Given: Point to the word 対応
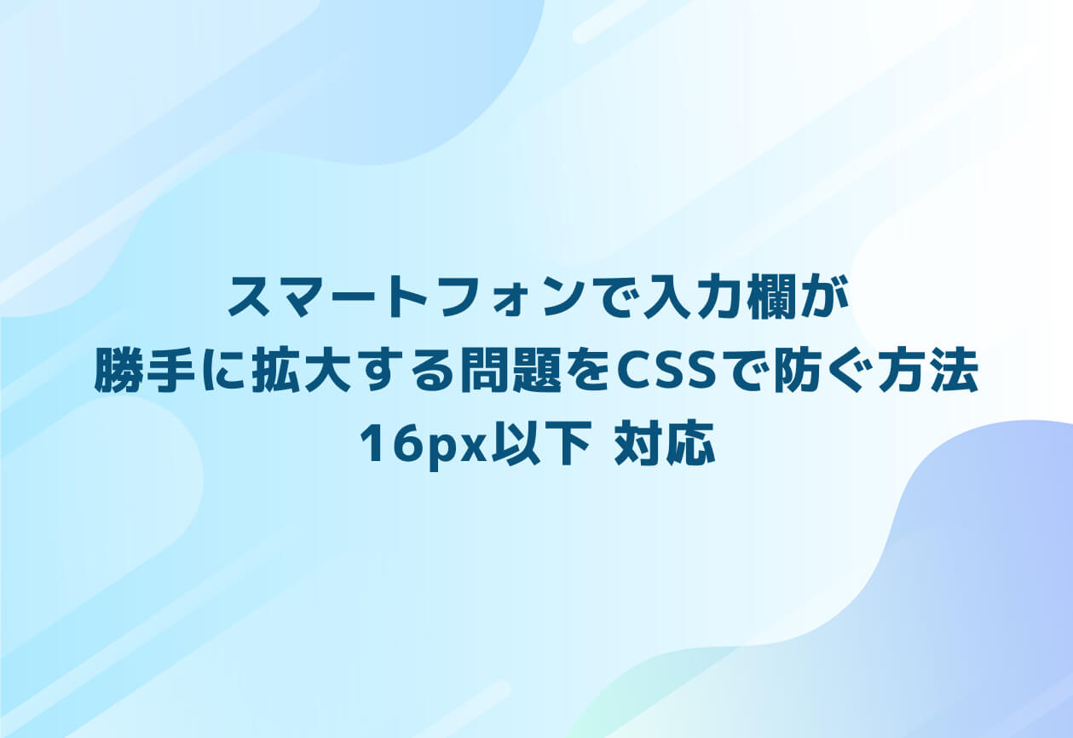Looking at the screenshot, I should click(665, 446).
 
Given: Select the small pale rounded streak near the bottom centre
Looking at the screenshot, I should click(464, 707).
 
